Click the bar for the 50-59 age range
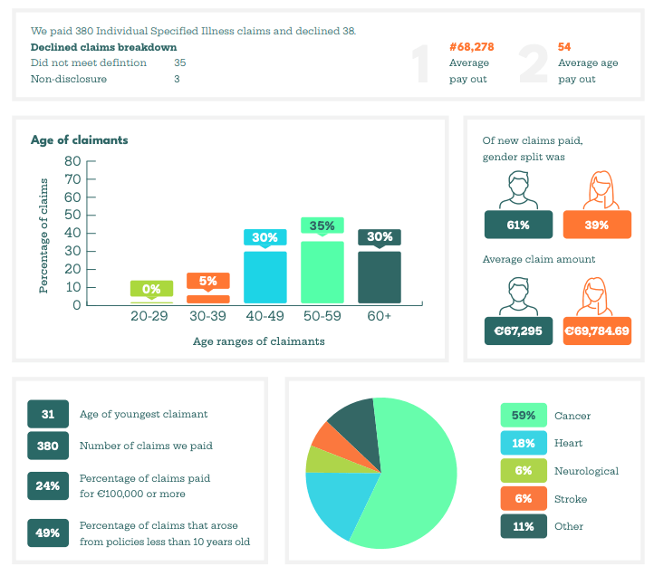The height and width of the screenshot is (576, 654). click(x=322, y=272)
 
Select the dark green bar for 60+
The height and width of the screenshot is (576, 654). click(x=380, y=277)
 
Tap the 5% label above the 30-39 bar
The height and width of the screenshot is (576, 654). click(x=208, y=281)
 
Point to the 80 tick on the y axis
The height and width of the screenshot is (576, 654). click(x=72, y=161)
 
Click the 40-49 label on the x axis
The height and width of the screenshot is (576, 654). click(x=265, y=317)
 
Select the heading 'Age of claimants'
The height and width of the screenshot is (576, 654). click(x=79, y=140)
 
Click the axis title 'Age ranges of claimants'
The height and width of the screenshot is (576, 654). click(x=258, y=341)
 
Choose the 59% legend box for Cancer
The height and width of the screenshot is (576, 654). click(x=524, y=416)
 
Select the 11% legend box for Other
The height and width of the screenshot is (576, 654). click(x=524, y=526)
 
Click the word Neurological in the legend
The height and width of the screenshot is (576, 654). click(x=586, y=471)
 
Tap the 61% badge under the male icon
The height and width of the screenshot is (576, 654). click(x=519, y=225)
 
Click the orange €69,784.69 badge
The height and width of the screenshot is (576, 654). click(x=597, y=331)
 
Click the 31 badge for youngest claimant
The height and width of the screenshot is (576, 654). click(x=48, y=414)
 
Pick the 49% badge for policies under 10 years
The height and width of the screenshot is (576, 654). click(x=48, y=533)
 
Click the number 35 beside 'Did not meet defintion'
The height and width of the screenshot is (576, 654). click(x=179, y=62)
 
